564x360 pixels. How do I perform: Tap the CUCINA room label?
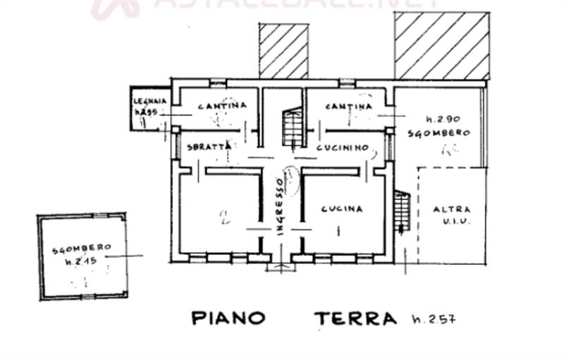[x=341, y=209]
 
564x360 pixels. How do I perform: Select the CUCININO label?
[x=343, y=148]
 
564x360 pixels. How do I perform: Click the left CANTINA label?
[x=222, y=106]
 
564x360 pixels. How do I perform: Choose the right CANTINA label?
[x=349, y=106]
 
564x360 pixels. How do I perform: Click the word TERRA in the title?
[x=355, y=318]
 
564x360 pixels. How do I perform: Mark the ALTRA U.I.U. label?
[x=450, y=215]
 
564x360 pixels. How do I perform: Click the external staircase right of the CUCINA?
[x=401, y=211]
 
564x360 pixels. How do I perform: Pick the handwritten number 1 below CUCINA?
[x=340, y=230]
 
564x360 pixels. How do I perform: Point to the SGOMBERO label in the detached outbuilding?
[x=81, y=248]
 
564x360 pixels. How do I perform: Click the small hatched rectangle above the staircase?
[x=283, y=51]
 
